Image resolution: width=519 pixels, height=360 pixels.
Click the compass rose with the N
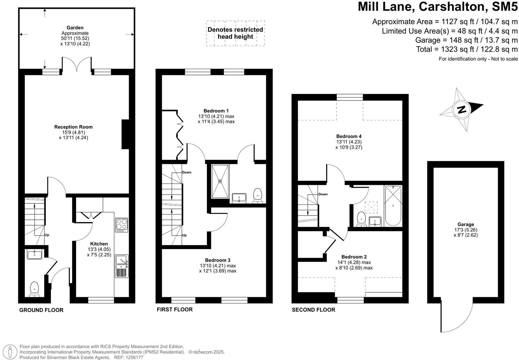[461, 109]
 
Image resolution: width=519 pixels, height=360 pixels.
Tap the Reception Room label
[73, 127]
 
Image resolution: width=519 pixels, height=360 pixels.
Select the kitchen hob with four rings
[121, 225]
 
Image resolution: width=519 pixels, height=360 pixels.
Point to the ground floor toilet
[34, 289]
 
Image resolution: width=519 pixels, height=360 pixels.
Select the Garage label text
[466, 224]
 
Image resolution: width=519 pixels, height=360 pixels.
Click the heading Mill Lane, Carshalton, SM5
[438, 7]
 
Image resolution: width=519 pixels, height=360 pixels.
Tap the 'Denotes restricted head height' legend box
[235, 33]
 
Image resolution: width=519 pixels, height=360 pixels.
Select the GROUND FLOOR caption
[41, 310]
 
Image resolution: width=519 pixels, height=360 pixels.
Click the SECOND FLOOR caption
[313, 310]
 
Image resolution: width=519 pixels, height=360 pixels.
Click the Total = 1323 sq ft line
[467, 49]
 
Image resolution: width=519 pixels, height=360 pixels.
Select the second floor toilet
[361, 219]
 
